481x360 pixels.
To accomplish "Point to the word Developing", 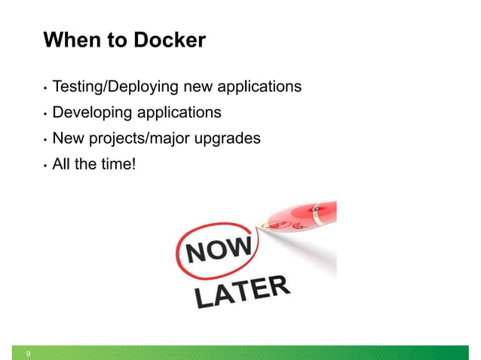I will (x=93, y=113).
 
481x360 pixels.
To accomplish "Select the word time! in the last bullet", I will (x=118, y=163).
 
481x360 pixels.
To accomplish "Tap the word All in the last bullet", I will (x=63, y=163).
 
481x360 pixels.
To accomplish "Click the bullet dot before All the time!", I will (x=45, y=165).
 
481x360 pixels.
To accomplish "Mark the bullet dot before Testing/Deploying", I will (x=45, y=89).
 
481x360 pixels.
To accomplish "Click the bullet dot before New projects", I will (x=45, y=140).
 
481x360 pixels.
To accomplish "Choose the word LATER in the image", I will (x=241, y=292).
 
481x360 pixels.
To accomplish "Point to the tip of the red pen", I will (x=259, y=224).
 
